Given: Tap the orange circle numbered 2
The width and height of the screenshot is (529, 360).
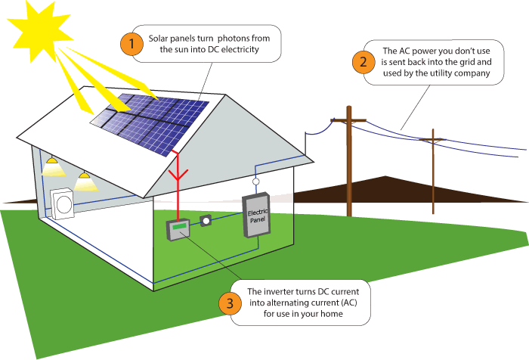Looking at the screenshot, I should (363, 62).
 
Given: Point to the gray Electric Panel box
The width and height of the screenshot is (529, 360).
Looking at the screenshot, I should (255, 216).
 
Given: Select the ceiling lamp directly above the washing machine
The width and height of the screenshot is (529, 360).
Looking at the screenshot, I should (85, 181).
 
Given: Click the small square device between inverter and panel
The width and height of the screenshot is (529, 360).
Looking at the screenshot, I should (206, 222).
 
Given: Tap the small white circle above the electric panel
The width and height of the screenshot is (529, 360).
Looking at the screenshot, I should (256, 182).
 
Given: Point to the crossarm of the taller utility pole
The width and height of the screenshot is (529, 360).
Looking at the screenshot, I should (348, 121).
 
